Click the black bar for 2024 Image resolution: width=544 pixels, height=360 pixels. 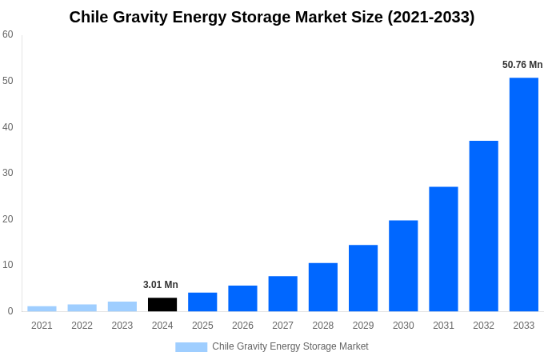point(162,304)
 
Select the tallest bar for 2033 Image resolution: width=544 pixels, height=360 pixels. point(523,194)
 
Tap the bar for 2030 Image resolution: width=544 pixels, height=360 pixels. point(403,266)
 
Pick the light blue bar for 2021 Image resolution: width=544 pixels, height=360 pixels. point(42,309)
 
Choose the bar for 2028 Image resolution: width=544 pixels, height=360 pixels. point(322,287)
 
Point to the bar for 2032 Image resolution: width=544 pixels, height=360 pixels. point(483,226)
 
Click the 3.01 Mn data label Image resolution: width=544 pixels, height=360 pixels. point(161,285)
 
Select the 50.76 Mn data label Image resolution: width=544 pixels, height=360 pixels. point(522,65)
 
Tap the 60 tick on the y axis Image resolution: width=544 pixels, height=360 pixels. point(8,34)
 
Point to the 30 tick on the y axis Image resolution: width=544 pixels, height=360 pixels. point(8,173)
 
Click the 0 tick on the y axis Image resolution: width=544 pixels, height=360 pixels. point(10,311)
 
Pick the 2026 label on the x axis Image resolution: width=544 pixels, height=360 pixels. point(242,326)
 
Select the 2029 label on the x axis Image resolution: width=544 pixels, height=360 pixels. point(362,326)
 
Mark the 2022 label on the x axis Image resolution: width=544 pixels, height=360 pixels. point(82,326)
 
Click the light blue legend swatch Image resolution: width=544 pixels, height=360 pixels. point(191,346)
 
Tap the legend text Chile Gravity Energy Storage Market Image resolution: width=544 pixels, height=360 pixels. point(290,346)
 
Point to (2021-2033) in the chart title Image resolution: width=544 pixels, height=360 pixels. point(431,17)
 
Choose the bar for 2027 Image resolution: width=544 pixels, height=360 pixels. point(282,294)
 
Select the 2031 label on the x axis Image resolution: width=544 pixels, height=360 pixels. point(443,326)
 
